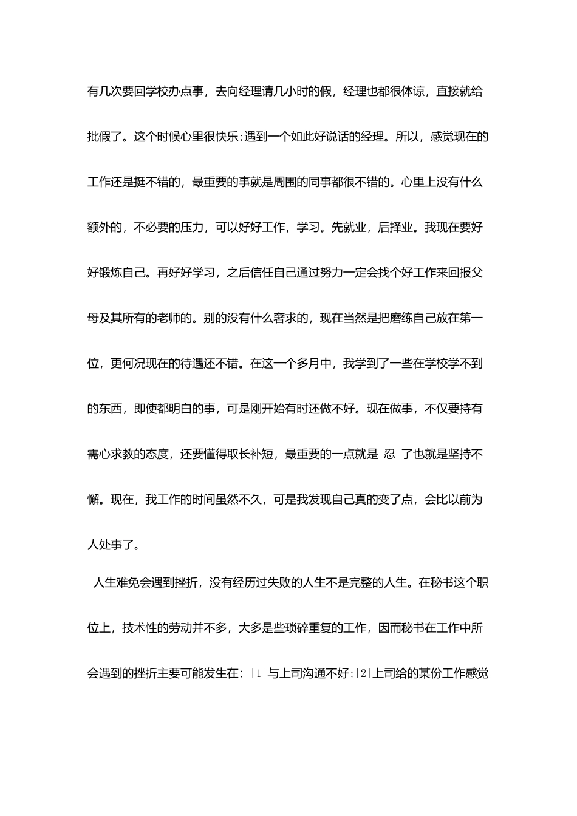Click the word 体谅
point(418,92)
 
